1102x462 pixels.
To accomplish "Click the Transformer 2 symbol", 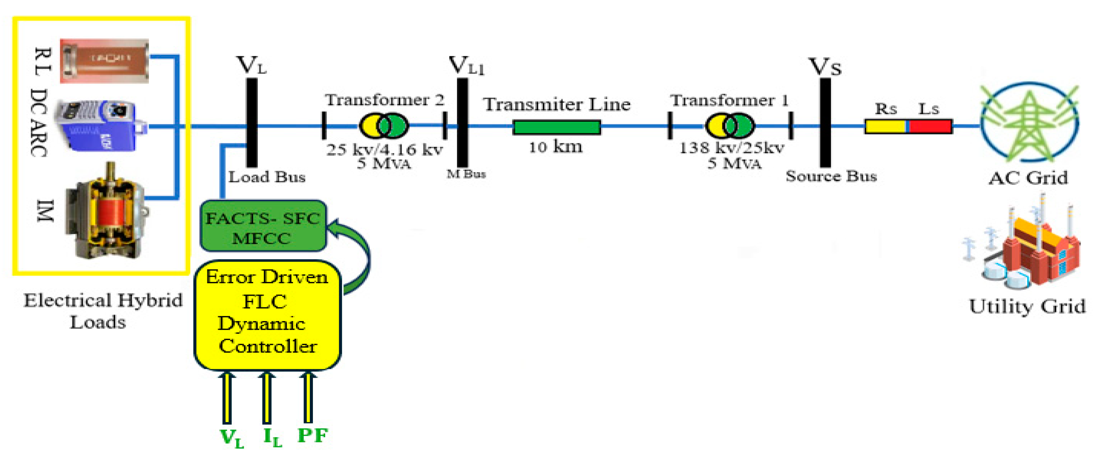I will coord(384,126).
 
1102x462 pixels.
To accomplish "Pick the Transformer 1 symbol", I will coord(729,126).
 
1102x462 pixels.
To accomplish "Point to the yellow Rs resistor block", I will coord(885,126).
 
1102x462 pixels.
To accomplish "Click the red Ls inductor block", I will coord(930,126).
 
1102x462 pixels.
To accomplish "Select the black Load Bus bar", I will coord(252,123).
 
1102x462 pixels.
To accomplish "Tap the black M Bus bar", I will coord(462,123).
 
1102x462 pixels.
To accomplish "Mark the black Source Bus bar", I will coord(825,123).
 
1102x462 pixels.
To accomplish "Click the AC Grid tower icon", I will coord(1029,122).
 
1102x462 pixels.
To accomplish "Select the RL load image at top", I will coord(105,61).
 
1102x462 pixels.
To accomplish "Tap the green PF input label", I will coord(312,436).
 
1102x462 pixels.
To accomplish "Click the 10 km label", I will coord(555,147).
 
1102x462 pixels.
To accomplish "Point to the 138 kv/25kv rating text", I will coord(732,148).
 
